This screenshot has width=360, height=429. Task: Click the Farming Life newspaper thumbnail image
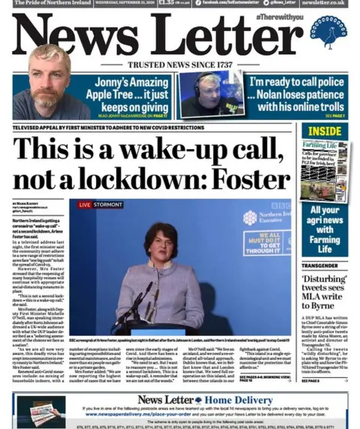[x=323, y=169]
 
